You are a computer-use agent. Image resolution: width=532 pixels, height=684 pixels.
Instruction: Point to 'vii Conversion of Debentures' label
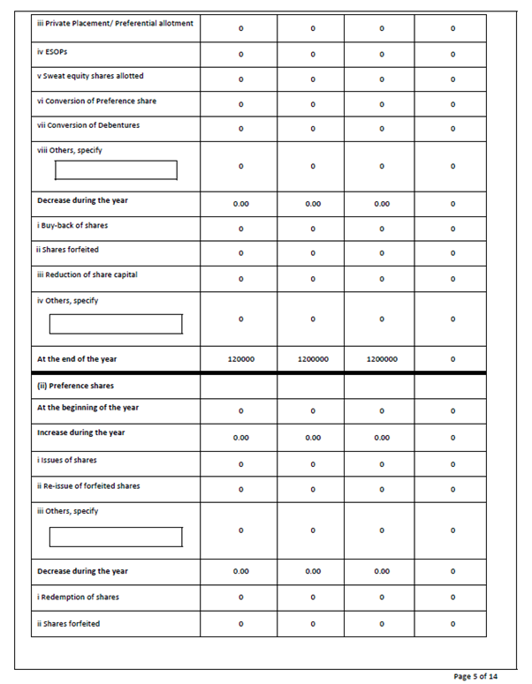[87, 125]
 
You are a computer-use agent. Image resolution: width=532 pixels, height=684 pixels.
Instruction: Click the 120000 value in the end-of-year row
[241, 359]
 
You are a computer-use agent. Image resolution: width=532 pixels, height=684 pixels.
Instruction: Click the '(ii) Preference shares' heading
[75, 385]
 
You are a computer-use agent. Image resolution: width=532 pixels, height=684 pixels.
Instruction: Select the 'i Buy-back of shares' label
[72, 225]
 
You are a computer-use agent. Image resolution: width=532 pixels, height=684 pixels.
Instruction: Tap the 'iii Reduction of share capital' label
[87, 274]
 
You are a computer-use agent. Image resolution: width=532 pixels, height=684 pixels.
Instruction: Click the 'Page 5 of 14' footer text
[475, 675]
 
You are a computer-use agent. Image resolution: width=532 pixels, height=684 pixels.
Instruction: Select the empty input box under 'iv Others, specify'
[115, 324]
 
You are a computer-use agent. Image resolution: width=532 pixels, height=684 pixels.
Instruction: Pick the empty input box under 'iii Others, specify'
[115, 537]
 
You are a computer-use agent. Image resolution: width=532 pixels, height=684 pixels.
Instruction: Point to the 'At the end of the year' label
[77, 359]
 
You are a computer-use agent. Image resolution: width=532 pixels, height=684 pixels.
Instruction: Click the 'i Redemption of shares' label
[78, 598]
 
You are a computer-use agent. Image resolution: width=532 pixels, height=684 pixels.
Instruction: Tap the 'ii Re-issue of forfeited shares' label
[88, 485]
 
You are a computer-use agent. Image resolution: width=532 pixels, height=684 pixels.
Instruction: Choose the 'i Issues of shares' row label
[67, 460]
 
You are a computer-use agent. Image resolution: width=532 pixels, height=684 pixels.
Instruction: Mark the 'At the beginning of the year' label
[87, 408]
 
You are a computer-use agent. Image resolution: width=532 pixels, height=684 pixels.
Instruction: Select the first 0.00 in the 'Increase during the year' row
[241, 437]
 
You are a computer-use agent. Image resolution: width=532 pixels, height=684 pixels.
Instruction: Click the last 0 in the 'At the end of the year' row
[452, 359]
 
